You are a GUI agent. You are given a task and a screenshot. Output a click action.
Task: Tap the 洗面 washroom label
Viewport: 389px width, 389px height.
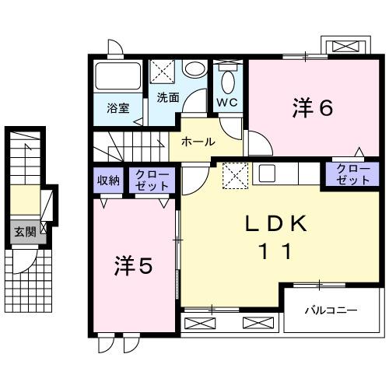click(x=167, y=97)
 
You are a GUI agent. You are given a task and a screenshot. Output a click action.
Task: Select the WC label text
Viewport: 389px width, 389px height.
click(x=227, y=102)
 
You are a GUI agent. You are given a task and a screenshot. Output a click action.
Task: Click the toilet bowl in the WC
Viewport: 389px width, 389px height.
click(x=227, y=81)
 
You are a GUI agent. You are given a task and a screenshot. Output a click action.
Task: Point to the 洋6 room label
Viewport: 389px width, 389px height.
click(x=313, y=107)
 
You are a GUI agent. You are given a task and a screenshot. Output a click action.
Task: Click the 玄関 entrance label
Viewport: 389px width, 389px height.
click(x=23, y=231)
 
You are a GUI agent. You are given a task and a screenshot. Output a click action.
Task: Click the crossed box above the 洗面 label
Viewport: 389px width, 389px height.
click(x=163, y=72)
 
